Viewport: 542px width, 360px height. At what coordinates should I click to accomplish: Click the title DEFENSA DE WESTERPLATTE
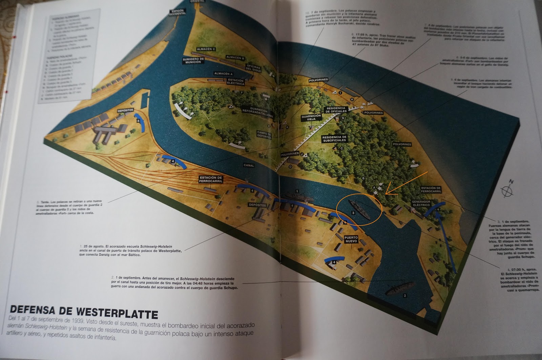point(84,312)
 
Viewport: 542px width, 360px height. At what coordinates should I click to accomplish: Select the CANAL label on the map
point(249,166)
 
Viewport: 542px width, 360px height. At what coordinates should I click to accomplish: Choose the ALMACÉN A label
point(223,73)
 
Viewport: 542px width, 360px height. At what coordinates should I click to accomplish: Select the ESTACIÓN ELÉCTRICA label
point(236,82)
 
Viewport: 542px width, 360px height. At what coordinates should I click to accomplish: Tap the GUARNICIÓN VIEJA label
point(311,118)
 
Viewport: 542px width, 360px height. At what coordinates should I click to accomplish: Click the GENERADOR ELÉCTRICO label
point(421,203)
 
